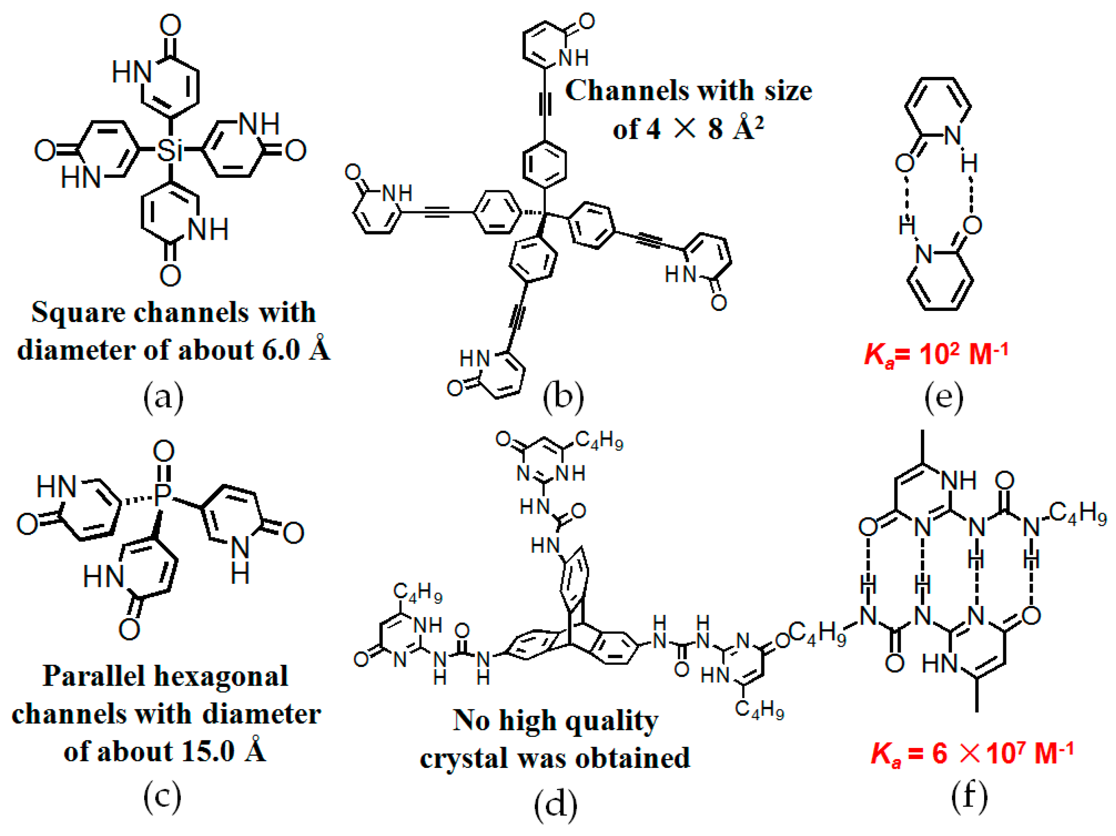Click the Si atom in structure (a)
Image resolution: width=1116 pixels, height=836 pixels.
169,150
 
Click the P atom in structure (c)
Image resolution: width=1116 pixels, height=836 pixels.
162,495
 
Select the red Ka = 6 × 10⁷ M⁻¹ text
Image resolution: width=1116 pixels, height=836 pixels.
972,753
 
